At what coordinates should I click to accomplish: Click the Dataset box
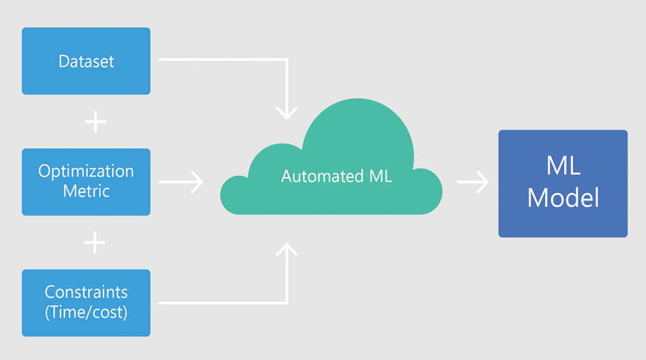(x=86, y=61)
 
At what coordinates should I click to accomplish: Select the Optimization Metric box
(x=86, y=182)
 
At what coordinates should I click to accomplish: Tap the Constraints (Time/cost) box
(x=86, y=303)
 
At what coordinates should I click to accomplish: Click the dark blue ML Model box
(x=563, y=183)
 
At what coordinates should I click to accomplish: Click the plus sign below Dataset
(x=95, y=122)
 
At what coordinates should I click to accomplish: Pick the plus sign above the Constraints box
(x=95, y=242)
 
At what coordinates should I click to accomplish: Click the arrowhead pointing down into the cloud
(x=287, y=112)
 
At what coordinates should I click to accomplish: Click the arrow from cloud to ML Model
(x=473, y=182)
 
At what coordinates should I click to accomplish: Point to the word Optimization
(x=86, y=172)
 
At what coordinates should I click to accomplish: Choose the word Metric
(x=86, y=190)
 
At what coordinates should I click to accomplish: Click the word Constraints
(x=86, y=293)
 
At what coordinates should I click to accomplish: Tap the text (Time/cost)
(x=86, y=312)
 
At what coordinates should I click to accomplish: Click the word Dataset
(x=86, y=61)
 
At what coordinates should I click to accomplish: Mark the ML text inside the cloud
(x=378, y=177)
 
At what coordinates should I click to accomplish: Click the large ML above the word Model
(x=563, y=167)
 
